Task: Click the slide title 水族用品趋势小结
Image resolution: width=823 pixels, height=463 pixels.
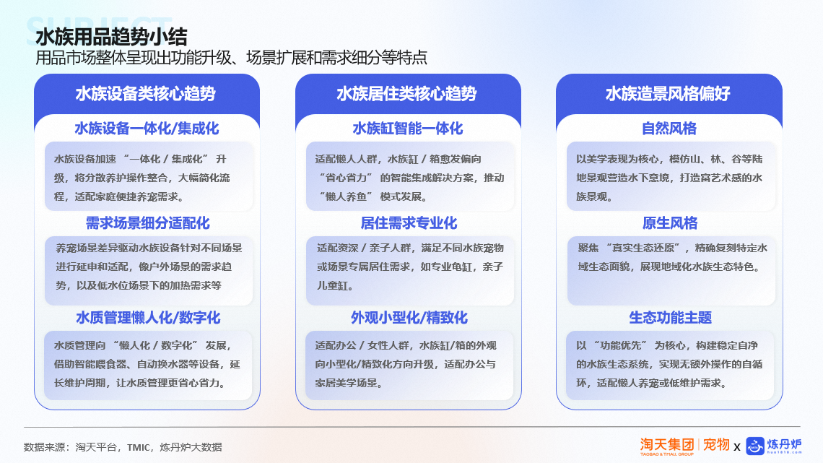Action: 111,37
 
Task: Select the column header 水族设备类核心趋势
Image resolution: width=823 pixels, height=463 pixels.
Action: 146,94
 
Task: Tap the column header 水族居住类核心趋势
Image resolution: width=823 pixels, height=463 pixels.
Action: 406,94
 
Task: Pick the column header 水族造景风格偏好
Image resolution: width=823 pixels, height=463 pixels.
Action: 668,94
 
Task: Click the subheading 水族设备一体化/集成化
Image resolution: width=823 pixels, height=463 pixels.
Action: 147,129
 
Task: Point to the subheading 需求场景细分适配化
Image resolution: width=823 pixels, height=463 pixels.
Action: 147,223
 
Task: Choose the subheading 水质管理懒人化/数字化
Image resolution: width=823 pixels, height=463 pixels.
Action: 148,318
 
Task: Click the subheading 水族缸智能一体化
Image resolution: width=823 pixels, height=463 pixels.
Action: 408,129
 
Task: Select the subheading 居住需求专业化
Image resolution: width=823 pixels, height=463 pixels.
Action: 409,223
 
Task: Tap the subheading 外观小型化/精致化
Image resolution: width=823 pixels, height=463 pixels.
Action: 409,318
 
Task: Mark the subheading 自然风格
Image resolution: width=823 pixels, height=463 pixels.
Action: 669,129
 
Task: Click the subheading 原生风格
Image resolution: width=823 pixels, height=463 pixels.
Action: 670,223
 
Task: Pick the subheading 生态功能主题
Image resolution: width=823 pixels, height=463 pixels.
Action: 670,318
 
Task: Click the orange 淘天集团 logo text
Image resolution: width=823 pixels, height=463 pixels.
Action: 667,446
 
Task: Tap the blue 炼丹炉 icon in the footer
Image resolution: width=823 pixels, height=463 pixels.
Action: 755,446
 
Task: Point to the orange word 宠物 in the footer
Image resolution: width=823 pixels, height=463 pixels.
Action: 716,445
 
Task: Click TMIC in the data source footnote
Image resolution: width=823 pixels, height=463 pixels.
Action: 139,447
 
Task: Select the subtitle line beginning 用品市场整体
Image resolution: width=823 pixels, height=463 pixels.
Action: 231,57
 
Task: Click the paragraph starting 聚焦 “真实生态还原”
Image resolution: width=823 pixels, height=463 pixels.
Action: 672,257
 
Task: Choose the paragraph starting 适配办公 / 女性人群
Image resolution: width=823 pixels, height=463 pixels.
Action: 406,364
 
